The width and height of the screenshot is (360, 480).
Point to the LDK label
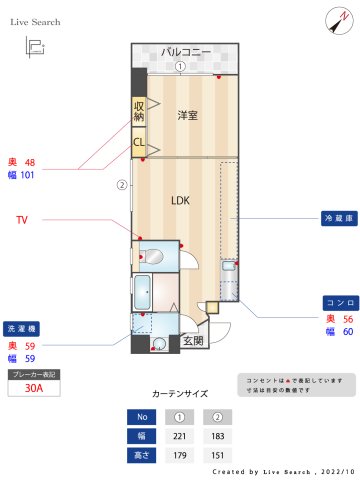(180, 200)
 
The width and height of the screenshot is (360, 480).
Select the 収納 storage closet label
(138, 110)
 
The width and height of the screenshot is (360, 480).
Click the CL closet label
(138, 142)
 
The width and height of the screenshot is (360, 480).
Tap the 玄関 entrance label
(193, 341)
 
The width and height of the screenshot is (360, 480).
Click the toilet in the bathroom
(150, 254)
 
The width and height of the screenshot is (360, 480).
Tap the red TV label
(21, 218)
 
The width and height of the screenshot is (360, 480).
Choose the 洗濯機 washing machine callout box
(21, 328)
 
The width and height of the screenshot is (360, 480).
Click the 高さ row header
(142, 454)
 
